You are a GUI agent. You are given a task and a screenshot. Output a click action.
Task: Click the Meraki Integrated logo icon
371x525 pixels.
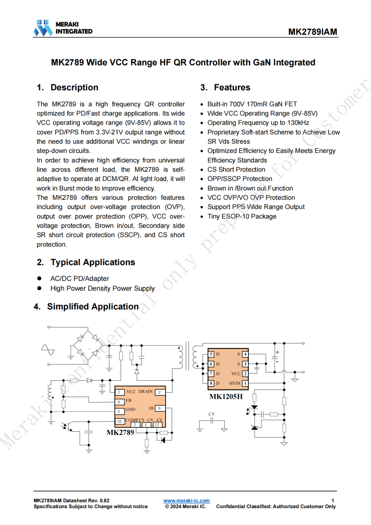click(43, 28)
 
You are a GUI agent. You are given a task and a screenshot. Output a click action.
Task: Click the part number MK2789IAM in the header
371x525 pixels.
click(312, 32)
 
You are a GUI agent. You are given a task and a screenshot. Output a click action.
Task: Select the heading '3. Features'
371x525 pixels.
click(225, 88)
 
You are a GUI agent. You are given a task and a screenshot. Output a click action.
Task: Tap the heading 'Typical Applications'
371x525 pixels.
click(93, 262)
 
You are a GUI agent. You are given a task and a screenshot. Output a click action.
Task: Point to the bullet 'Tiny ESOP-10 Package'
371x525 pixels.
click(242, 216)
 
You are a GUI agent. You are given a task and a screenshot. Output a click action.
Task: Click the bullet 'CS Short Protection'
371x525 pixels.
click(236, 169)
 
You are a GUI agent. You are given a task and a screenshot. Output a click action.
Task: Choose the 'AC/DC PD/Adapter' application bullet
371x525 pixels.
click(80, 278)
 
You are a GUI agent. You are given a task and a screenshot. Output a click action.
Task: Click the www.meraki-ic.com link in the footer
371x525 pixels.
click(187, 501)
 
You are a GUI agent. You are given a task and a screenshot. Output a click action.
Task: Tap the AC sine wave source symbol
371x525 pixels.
click(48, 350)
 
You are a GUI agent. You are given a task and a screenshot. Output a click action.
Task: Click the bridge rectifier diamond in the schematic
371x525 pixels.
click(88, 345)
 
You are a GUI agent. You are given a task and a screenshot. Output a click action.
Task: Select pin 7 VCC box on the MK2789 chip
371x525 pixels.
click(119, 392)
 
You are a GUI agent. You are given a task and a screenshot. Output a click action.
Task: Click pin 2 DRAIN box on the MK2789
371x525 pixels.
click(160, 392)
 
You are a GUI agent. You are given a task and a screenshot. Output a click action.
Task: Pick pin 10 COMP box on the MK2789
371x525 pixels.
click(119, 421)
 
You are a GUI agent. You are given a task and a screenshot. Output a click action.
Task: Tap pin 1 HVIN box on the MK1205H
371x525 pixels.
click(245, 383)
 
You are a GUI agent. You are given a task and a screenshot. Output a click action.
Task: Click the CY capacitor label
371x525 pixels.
click(212, 414)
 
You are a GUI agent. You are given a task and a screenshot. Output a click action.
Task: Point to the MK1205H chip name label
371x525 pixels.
click(226, 397)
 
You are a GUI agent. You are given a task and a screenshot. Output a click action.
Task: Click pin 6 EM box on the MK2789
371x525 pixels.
click(160, 408)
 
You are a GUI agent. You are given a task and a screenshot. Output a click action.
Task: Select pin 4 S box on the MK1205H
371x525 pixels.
click(245, 354)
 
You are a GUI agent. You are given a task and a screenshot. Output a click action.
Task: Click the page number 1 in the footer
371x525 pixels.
click(333, 501)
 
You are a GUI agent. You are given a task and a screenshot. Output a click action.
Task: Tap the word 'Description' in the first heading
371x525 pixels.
click(74, 88)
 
